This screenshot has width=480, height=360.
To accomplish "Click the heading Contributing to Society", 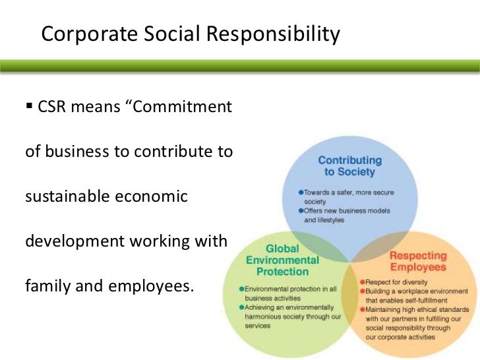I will [349, 166].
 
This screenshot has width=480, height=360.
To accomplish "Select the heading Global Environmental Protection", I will [282, 260].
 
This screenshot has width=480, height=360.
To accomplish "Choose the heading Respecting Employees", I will [417, 260].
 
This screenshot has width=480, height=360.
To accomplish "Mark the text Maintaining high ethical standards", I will [416, 309].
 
